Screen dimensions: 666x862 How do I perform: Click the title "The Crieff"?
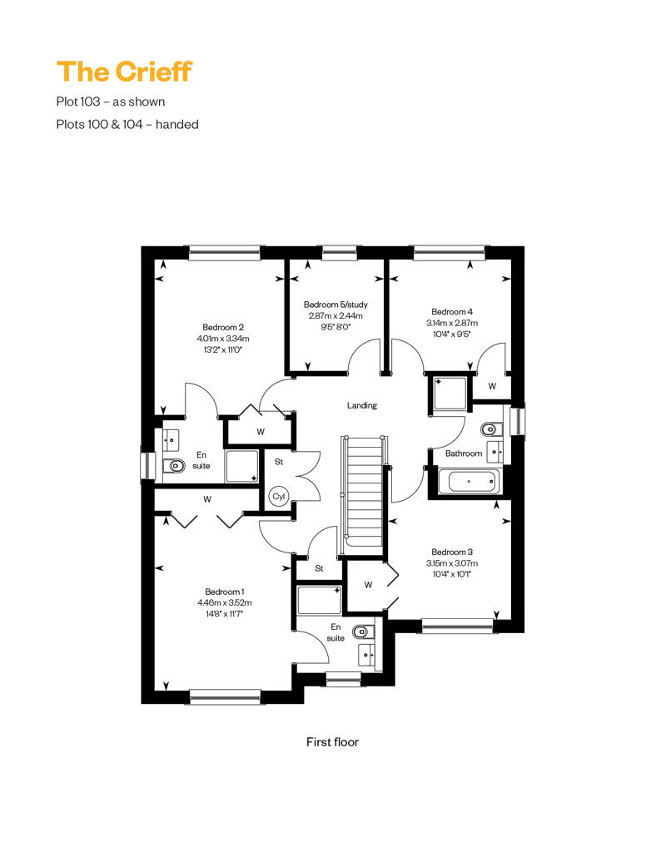click(124, 72)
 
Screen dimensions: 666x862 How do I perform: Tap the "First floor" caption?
click(332, 741)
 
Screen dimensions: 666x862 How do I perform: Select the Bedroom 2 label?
click(223, 327)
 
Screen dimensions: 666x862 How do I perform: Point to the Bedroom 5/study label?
click(335, 304)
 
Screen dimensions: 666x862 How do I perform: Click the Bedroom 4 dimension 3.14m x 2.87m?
click(452, 323)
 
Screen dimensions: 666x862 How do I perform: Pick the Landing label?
click(362, 405)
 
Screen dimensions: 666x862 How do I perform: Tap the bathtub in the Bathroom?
click(470, 482)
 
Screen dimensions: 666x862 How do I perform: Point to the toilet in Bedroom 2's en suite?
click(174, 466)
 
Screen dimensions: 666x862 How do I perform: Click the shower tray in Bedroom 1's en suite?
click(319, 600)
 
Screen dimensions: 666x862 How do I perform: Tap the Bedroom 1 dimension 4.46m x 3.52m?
click(225, 602)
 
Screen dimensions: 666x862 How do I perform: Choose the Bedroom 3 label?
click(452, 552)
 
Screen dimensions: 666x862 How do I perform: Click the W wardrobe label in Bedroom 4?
click(492, 386)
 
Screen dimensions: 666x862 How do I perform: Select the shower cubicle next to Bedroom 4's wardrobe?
click(450, 393)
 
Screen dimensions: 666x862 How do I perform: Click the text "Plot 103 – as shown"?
click(111, 102)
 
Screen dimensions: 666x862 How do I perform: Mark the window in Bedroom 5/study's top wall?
click(340, 252)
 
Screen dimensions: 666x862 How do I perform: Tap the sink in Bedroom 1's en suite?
click(367, 654)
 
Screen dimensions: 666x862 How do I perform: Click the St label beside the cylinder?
click(279, 462)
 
